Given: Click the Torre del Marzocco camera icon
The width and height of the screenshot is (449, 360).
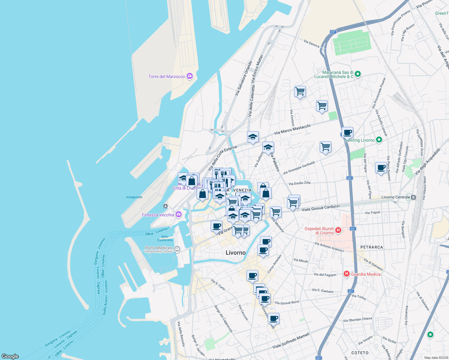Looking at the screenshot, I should [189, 76].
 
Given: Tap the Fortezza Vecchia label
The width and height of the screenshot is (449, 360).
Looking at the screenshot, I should [158, 215].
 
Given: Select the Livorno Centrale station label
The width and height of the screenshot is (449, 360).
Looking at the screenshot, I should [396, 197].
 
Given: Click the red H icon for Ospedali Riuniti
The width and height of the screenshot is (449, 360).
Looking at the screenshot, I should [338, 230].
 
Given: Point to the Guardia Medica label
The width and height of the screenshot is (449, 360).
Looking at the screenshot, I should [366, 274].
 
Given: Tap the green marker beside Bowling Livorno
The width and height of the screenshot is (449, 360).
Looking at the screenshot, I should [379, 140].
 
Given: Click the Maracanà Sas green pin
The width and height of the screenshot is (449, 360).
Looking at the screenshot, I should [357, 74].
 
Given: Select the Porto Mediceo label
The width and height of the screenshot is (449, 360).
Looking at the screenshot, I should [158, 248].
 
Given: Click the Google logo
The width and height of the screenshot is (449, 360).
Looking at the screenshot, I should [10, 356].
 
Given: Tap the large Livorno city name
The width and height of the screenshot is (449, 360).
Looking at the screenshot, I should [236, 253].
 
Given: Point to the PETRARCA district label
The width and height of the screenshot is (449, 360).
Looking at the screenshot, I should [372, 247].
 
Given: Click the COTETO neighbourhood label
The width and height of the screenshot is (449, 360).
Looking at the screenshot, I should [360, 353].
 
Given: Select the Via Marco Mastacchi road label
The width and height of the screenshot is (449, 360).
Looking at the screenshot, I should [292, 130].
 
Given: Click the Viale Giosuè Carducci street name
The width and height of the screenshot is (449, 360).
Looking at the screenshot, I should [321, 208].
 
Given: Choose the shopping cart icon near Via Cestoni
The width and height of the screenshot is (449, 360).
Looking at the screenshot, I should [300, 91].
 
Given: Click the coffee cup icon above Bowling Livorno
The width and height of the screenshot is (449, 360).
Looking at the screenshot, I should [347, 132].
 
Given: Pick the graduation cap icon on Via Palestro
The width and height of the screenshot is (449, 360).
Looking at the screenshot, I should [268, 147].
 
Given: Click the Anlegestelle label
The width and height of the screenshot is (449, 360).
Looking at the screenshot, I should [134, 197].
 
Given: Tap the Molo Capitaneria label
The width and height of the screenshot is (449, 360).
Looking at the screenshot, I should [165, 238].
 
